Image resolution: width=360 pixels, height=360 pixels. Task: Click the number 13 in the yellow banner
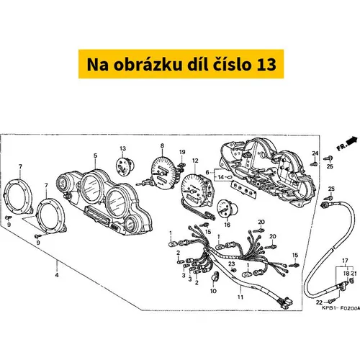pos(266,65)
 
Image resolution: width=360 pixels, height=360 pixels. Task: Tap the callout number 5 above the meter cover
pos(95,156)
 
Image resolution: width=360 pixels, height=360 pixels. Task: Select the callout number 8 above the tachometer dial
pos(162,145)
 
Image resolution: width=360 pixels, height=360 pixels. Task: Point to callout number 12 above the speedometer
pos(195,161)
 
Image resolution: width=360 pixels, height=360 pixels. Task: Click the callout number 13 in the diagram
pos(122,148)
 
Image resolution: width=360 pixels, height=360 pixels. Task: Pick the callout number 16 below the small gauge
pos(227,225)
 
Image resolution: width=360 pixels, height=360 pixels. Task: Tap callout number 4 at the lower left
pos(57,275)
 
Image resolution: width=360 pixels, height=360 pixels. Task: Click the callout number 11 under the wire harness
pos(240,297)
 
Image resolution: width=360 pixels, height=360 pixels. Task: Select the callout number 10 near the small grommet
pos(213,291)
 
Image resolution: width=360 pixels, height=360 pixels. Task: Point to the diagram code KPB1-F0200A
pos(341,308)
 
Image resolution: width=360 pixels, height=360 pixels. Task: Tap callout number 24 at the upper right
pos(315,153)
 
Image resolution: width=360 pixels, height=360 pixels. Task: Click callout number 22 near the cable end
pos(319,302)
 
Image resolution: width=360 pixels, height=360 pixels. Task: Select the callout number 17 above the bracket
pos(345,261)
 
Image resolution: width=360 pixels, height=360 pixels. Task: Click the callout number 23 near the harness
pos(231,264)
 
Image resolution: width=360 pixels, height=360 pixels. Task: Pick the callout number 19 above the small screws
pos(182,152)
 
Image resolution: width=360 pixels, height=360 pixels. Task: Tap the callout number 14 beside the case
pos(220,177)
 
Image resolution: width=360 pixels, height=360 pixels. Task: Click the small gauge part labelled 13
pos(125,166)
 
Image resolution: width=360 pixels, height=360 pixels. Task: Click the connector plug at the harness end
pos(287,303)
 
